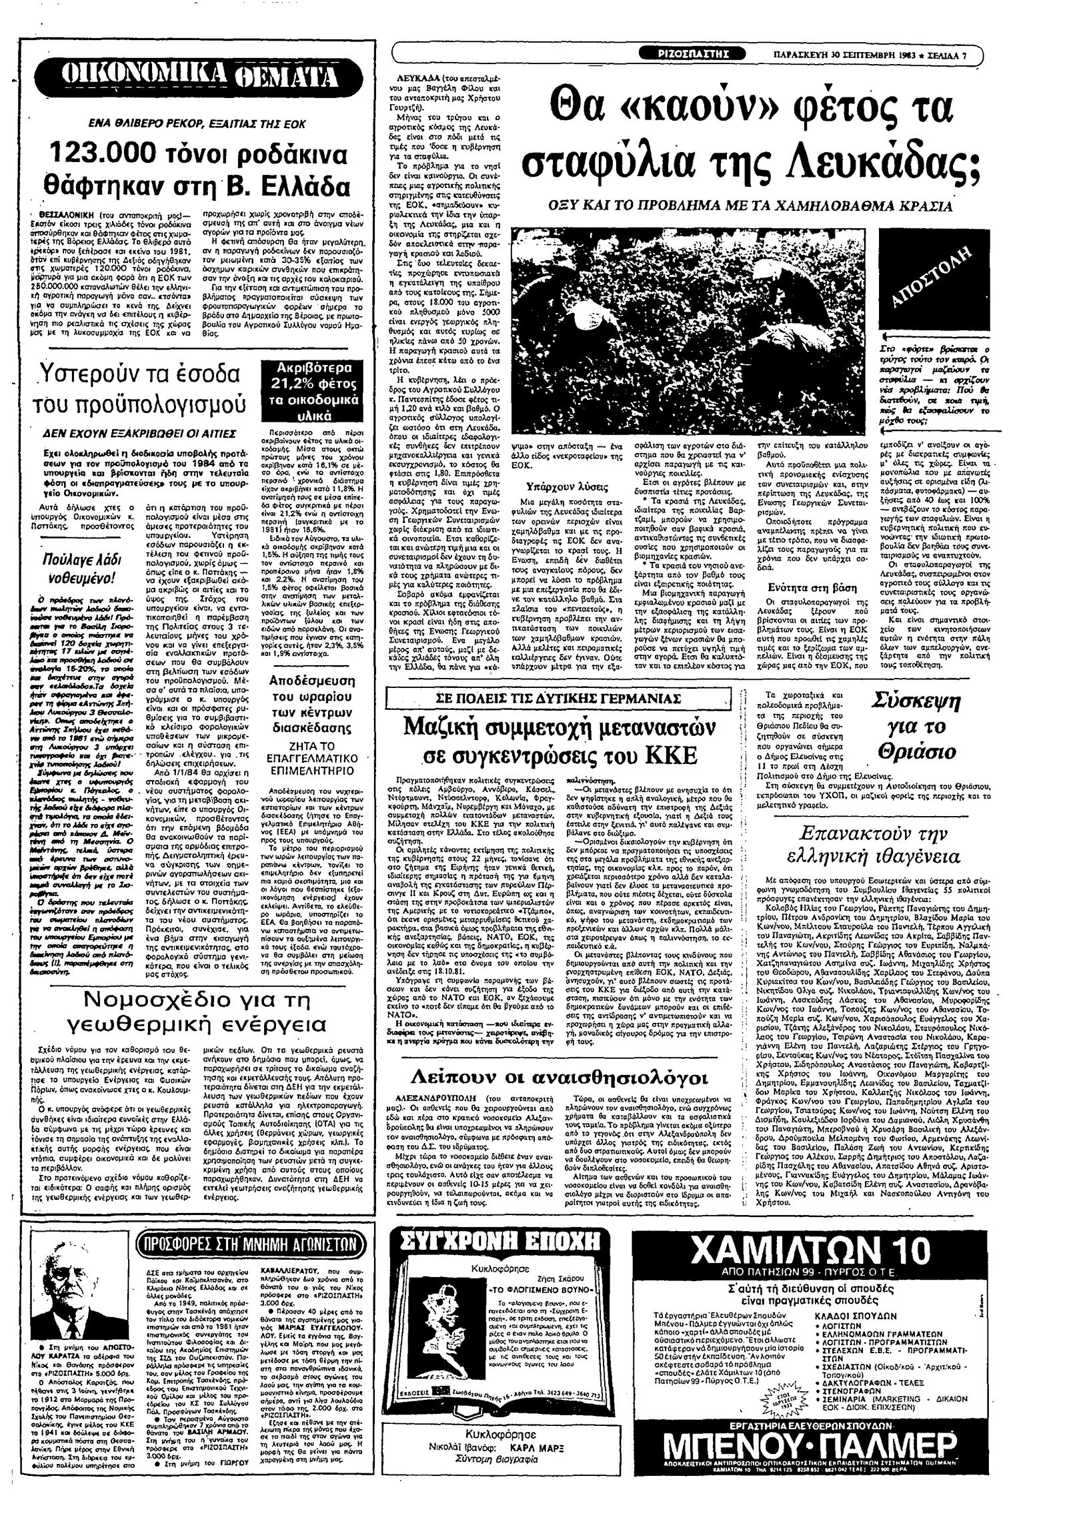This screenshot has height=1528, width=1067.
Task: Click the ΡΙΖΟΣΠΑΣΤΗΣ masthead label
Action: tap(692, 55)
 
